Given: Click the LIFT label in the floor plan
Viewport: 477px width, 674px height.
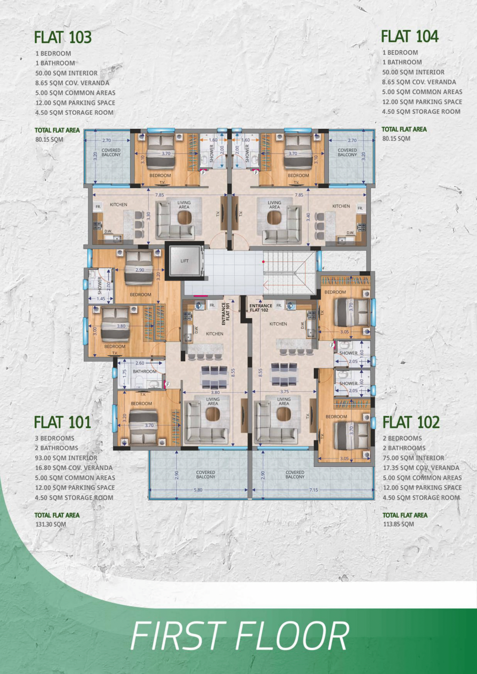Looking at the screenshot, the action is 185,261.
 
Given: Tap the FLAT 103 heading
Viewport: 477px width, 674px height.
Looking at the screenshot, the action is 63,37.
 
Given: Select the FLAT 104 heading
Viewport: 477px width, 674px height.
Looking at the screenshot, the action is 410,36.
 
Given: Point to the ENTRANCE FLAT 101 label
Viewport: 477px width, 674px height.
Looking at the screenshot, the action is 225,314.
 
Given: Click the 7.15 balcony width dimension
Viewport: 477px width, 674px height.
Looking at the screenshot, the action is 313,490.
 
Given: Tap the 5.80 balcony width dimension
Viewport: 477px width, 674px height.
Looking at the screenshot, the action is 198,490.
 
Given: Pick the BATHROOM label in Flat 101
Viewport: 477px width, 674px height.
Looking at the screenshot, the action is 145,371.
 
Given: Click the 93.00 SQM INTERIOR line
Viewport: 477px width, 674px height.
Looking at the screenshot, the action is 66,458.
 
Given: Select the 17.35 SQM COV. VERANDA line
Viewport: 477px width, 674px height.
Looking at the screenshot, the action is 421,468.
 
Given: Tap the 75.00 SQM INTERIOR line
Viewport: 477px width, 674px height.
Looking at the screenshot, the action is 414,458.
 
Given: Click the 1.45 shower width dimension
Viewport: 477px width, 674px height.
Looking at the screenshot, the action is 101,299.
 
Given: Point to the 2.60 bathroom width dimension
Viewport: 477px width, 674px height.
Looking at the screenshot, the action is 140,363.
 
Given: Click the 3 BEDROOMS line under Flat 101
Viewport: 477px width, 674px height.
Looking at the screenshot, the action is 54,438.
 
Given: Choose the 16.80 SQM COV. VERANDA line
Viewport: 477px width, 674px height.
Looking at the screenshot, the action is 74,468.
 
